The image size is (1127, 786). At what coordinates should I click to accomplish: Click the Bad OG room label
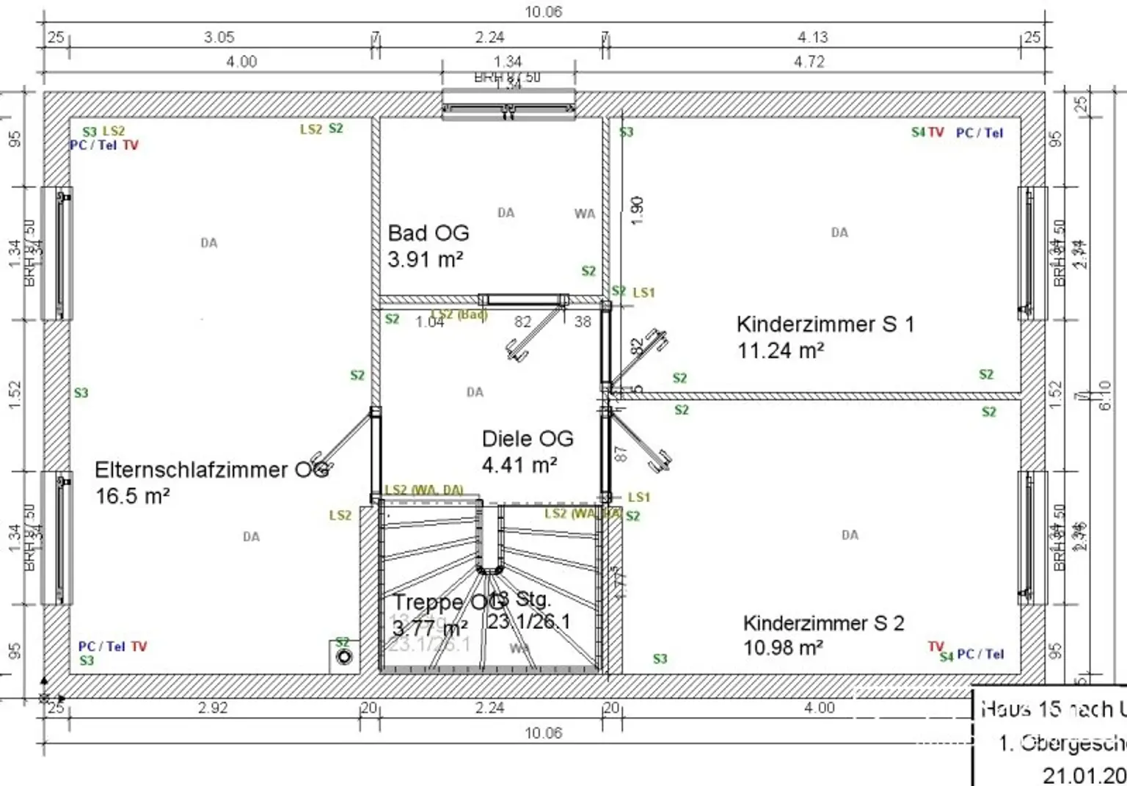(428, 233)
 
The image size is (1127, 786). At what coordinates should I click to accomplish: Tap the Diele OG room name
(527, 439)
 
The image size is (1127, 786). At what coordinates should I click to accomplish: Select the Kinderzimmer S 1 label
(825, 324)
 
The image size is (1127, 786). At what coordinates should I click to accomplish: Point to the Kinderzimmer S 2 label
(823, 624)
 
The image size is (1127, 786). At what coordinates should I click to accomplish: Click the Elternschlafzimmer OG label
(211, 470)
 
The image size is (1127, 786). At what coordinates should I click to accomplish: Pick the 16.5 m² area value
(133, 496)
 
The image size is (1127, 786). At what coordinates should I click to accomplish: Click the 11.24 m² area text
(781, 351)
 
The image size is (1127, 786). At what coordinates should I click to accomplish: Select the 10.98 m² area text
(782, 648)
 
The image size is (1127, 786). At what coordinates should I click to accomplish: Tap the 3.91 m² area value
(425, 259)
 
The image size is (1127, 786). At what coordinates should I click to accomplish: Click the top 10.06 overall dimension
(543, 12)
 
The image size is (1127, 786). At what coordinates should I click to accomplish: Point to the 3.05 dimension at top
(219, 37)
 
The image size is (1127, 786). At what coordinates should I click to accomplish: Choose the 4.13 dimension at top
(812, 37)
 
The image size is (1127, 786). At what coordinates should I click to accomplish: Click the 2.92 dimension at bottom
(213, 707)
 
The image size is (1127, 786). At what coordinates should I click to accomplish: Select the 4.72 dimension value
(809, 62)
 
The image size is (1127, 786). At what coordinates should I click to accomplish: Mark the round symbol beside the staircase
(344, 657)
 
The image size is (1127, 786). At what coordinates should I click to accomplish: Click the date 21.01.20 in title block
(1084, 774)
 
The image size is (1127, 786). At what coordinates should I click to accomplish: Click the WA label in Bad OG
(585, 214)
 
